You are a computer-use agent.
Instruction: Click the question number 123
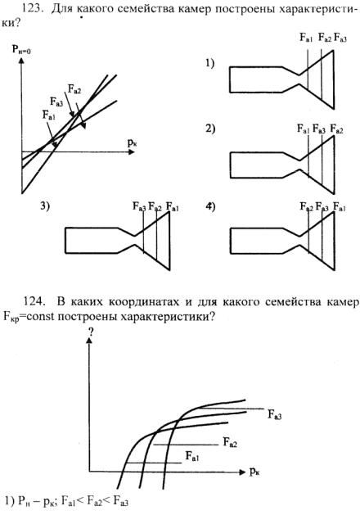click(34, 8)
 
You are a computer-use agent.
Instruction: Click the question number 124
click(34, 301)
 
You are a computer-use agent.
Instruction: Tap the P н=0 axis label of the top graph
click(21, 49)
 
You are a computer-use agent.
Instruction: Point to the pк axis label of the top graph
click(132, 142)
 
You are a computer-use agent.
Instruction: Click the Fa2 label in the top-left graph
click(74, 89)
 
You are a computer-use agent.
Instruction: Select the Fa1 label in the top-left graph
click(49, 115)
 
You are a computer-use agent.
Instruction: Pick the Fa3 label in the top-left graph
click(56, 102)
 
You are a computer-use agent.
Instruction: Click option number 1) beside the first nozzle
click(210, 62)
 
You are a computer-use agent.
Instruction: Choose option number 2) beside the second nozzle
click(210, 129)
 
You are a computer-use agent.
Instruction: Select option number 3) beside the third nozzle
click(45, 206)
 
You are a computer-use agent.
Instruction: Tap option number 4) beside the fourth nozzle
click(210, 207)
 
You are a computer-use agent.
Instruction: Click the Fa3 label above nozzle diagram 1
click(340, 38)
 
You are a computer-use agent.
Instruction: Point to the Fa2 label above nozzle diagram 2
click(337, 129)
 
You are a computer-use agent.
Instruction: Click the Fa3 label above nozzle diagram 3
click(139, 206)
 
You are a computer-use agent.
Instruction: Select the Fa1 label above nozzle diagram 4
click(340, 207)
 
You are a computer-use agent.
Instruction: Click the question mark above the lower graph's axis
click(91, 332)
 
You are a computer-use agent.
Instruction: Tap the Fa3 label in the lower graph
click(274, 414)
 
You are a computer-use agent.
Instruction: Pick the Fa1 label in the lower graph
click(192, 456)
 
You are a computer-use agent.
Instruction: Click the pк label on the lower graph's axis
click(254, 472)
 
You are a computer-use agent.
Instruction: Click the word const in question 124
click(32, 317)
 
